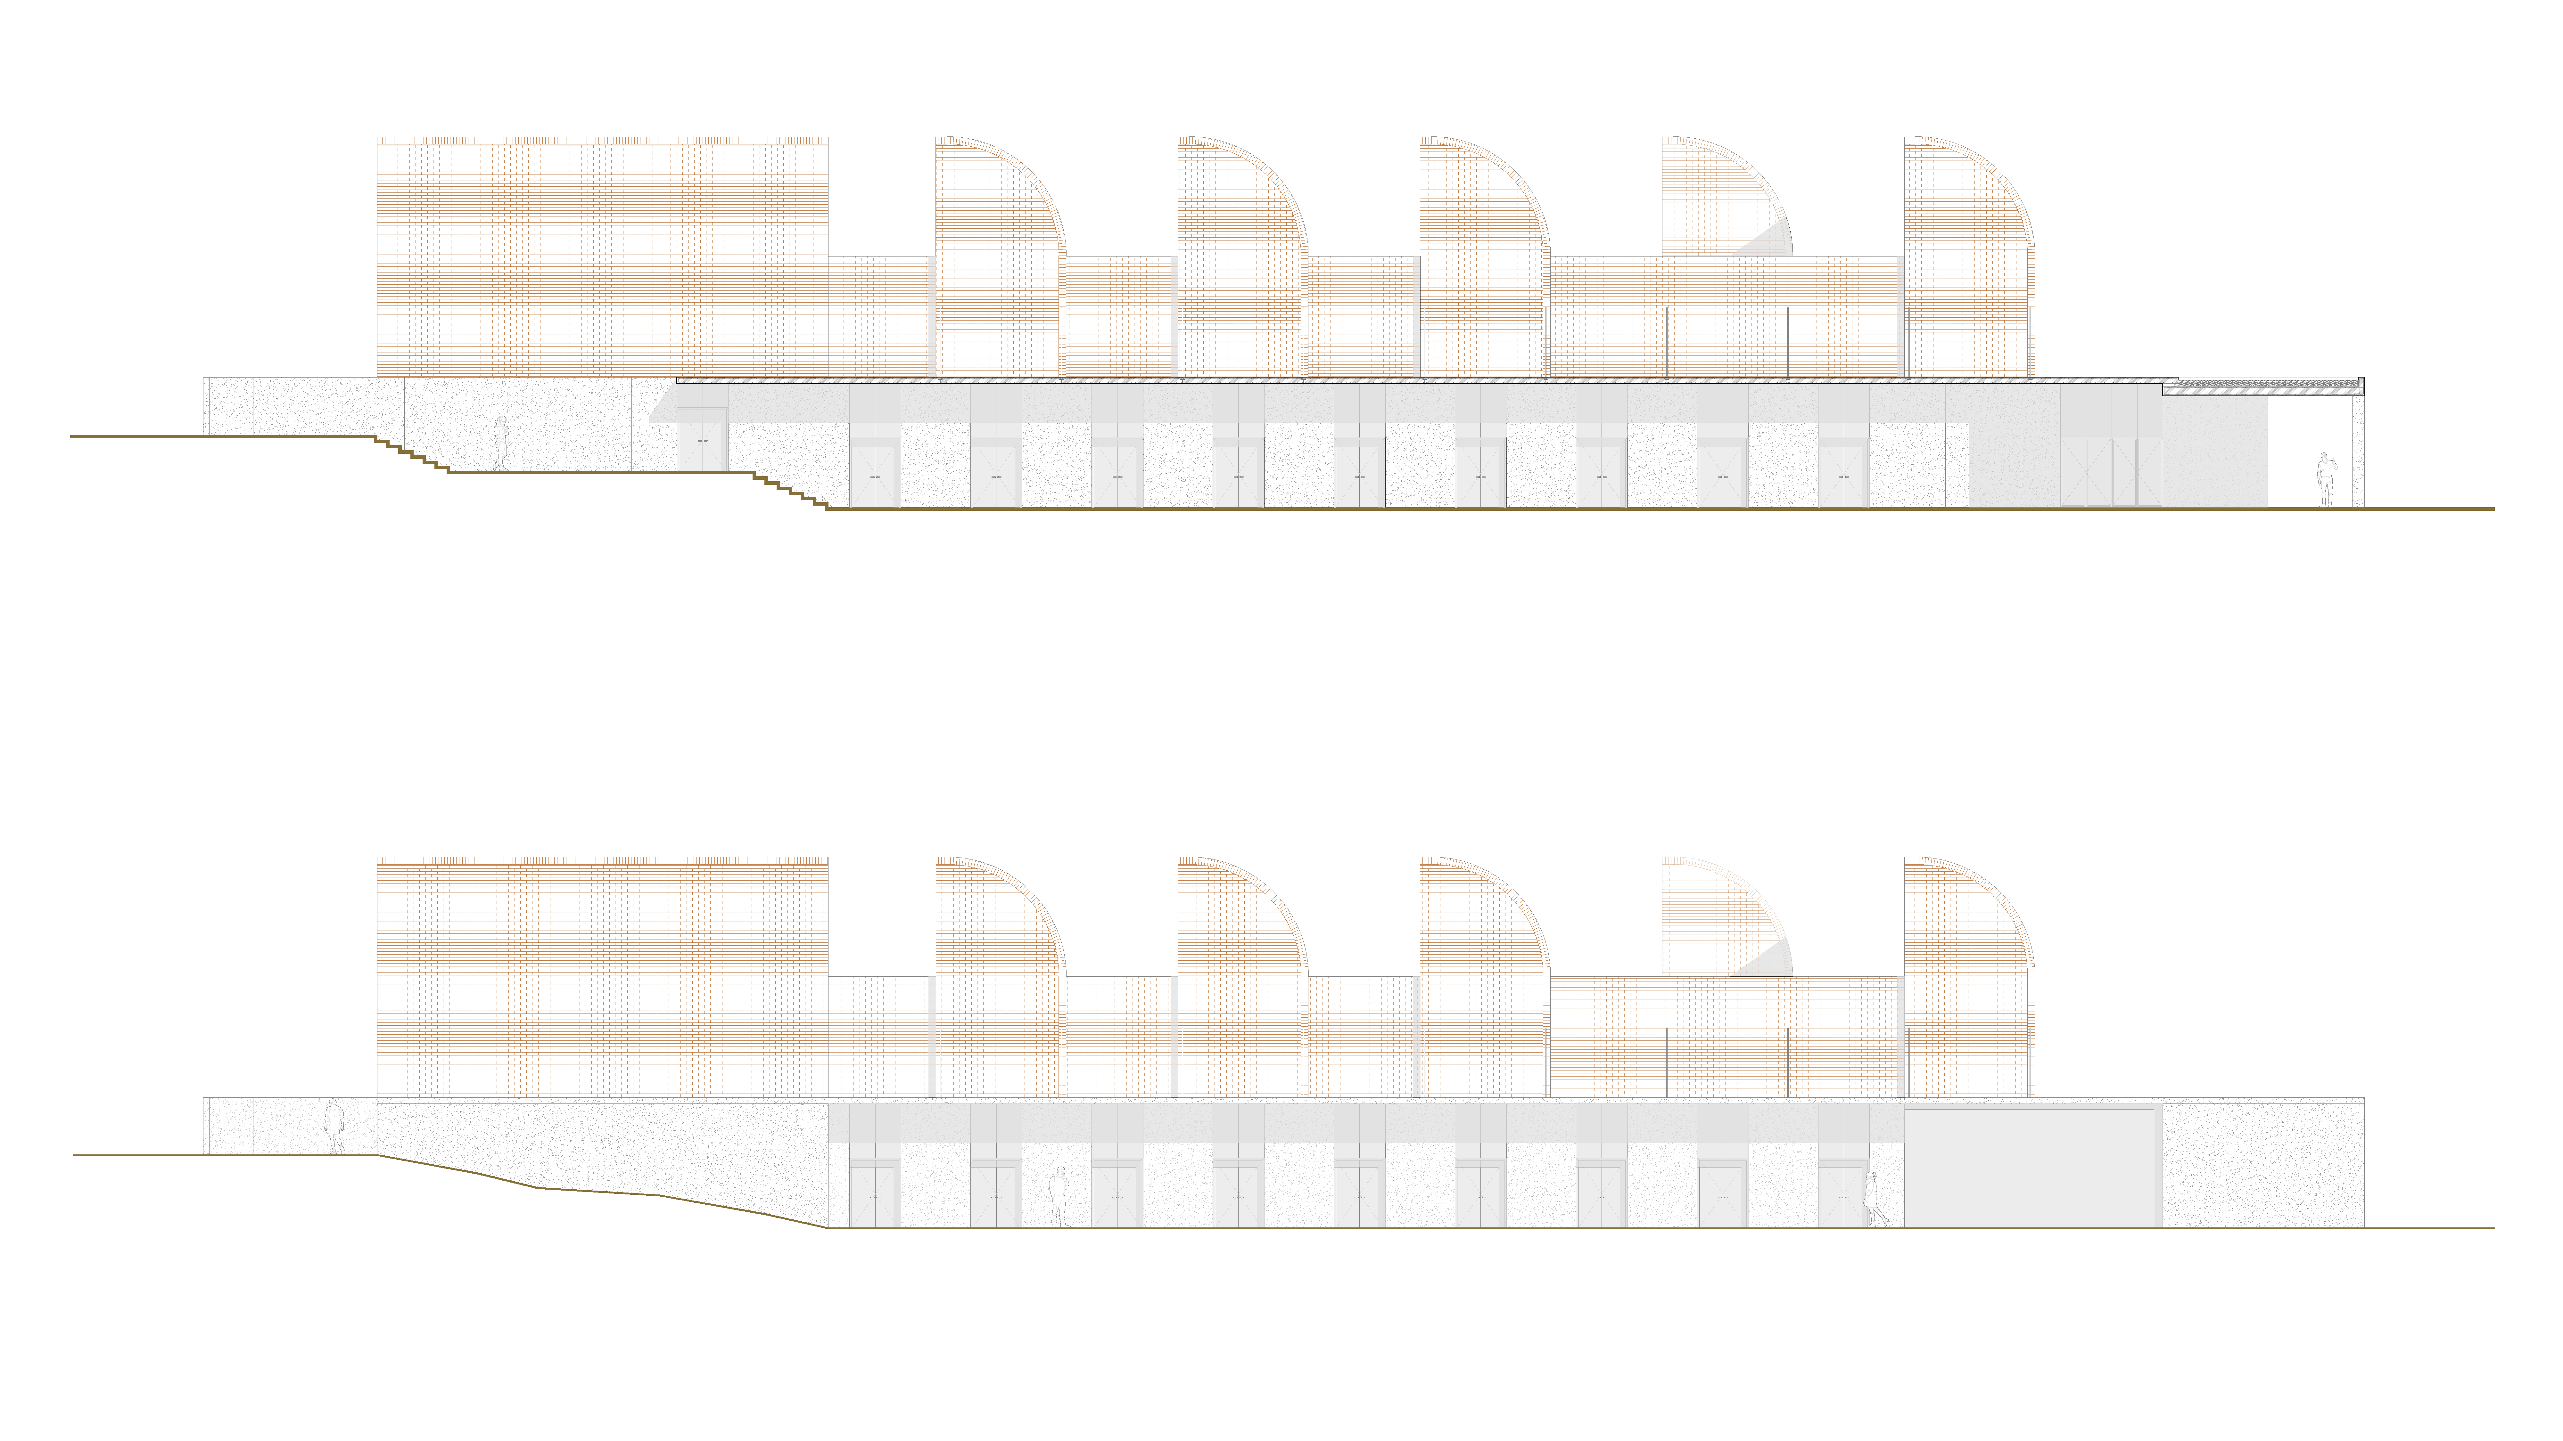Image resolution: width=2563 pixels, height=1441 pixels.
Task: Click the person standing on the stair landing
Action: coord(500,443)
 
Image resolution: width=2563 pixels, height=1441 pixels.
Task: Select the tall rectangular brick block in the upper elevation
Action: coord(602,256)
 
